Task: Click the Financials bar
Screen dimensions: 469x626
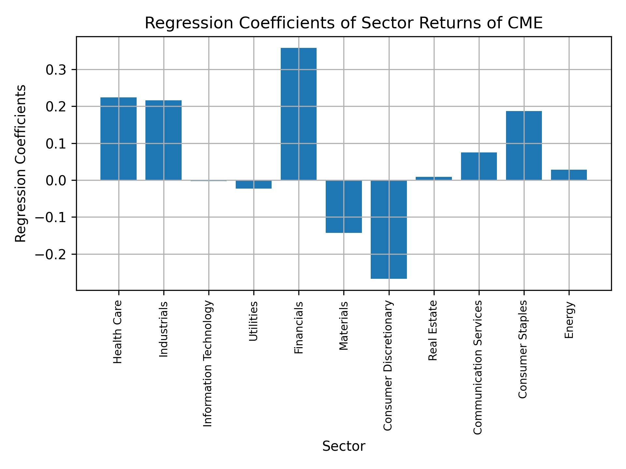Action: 298,114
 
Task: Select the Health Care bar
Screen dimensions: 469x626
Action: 118,139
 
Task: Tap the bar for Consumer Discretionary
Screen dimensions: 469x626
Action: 389,229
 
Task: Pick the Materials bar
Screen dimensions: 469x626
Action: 344,206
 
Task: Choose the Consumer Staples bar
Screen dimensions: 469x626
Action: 524,146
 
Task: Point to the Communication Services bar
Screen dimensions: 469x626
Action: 479,166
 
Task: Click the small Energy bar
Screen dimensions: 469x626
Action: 569,175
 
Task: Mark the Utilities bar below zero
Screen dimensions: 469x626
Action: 254,184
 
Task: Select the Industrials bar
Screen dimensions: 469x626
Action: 163,140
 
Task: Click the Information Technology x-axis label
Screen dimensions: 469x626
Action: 208,363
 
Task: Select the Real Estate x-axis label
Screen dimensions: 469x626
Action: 433,331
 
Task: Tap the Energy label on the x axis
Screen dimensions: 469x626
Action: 569,320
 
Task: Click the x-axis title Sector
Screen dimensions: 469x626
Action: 344,446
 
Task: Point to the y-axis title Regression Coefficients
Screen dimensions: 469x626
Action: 21,163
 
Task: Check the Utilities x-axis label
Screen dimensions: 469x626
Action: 253,321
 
